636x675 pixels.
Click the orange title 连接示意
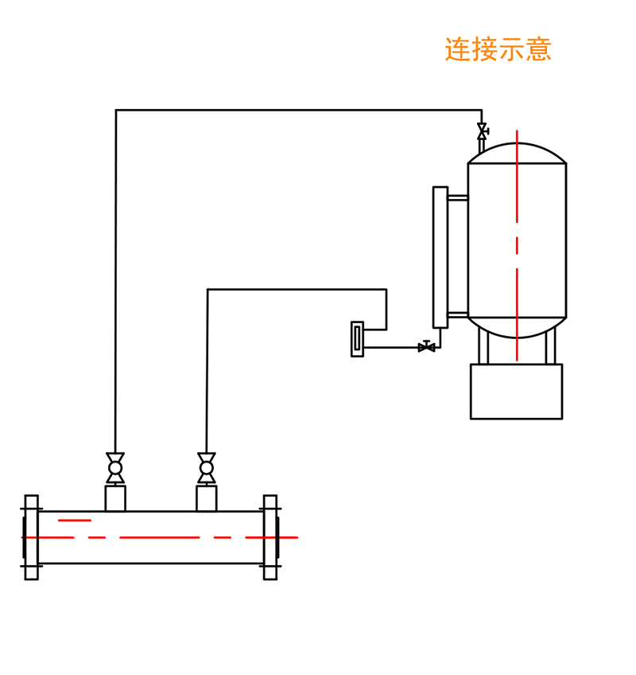[x=498, y=49]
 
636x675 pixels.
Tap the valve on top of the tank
[x=482, y=131]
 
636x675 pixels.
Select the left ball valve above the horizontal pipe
[x=115, y=468]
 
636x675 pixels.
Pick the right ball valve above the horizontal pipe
[x=207, y=468]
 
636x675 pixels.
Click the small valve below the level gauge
[x=427, y=347]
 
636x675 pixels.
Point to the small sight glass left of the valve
[x=357, y=339]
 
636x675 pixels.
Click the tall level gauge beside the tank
[x=440, y=257]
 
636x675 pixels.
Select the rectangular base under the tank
[x=516, y=392]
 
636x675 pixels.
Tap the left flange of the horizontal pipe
[x=31, y=537]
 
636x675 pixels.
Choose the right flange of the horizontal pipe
[x=270, y=537]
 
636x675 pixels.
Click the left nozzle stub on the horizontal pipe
[x=115, y=498]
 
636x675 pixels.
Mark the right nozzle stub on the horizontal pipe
[x=207, y=498]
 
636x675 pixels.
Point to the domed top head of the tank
[x=517, y=153]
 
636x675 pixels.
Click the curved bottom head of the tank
[x=517, y=328]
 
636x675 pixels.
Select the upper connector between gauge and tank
[x=458, y=197]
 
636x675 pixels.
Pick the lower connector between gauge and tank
[x=458, y=315]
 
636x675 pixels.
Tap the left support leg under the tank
[x=483, y=348]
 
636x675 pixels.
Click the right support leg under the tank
[x=550, y=348]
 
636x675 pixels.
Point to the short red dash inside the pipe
[x=74, y=521]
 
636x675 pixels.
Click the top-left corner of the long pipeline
[x=116, y=111]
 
